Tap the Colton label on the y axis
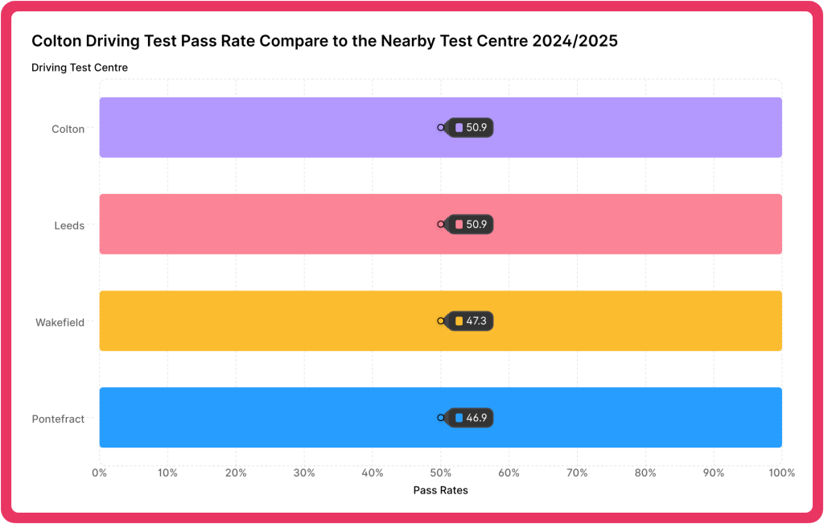(x=68, y=129)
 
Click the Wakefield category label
(x=60, y=322)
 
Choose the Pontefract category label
(x=58, y=419)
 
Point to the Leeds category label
(x=69, y=225)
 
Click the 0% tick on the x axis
(x=99, y=472)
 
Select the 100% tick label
(x=781, y=472)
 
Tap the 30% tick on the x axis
(x=304, y=472)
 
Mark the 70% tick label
(x=577, y=472)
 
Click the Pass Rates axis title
(x=440, y=490)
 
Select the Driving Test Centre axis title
(x=80, y=68)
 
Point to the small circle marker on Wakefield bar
(x=441, y=321)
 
